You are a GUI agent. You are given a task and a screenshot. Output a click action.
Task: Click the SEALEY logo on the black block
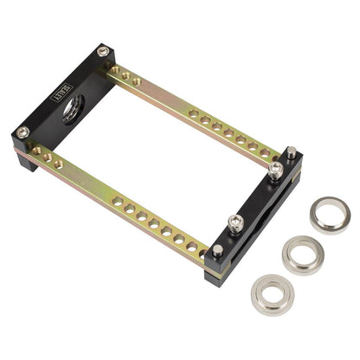point(63,94)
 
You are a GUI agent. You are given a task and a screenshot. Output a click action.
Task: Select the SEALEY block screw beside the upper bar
point(103,52)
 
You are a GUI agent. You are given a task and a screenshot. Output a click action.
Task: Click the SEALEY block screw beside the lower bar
point(22,132)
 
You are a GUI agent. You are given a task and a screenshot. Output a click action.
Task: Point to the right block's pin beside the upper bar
point(292,152)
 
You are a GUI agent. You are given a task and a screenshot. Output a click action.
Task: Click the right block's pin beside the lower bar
point(217,250)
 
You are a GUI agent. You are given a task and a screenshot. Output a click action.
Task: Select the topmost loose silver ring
point(330,214)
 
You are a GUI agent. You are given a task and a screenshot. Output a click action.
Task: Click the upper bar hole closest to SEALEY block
point(115,70)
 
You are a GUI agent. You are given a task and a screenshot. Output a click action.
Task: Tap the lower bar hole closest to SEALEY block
point(37,151)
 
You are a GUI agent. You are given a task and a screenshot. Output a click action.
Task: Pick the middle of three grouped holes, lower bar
point(48,157)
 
